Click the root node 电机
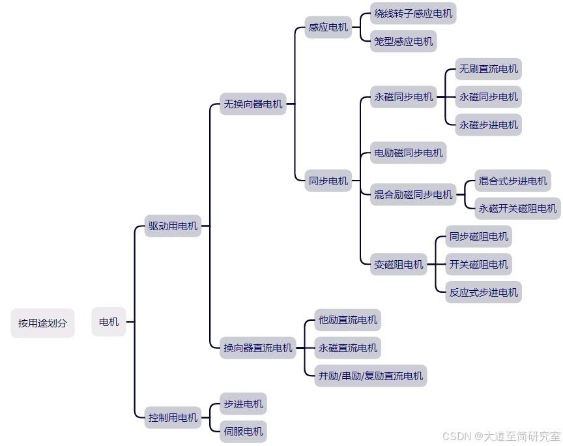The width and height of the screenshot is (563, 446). [x=109, y=322]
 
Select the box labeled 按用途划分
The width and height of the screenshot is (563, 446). [x=42, y=323]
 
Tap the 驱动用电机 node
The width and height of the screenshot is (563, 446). [x=173, y=226]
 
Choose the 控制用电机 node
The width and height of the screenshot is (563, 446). [x=173, y=417]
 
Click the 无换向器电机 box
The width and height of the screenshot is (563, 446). [x=253, y=104]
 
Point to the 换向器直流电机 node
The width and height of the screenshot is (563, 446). [x=258, y=348]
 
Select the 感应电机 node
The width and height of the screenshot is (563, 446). [x=328, y=27]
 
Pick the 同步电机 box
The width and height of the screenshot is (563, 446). [x=328, y=181]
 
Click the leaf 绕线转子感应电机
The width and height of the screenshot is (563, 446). [x=413, y=14]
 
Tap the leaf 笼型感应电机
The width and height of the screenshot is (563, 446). [x=403, y=41]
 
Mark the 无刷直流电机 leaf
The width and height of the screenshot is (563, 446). [x=489, y=69]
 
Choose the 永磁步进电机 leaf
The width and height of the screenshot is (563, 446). [x=489, y=125]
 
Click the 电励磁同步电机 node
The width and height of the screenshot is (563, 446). [x=409, y=153]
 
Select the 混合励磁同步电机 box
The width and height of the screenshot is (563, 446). [x=413, y=194]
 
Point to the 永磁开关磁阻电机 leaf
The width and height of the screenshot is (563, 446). [x=518, y=209]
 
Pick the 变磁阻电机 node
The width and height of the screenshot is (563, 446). [x=399, y=265]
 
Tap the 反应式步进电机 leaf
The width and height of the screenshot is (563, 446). [x=484, y=292]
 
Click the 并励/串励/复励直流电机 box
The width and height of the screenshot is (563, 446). [x=371, y=376]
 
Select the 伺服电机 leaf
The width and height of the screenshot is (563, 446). [x=243, y=431]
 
